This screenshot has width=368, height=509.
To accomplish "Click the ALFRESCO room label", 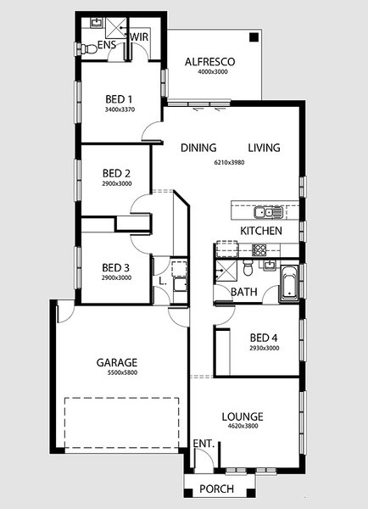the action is [209, 62].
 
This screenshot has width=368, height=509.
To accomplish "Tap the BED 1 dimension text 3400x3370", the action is [120, 109].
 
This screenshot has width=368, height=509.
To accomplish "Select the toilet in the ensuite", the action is [88, 49].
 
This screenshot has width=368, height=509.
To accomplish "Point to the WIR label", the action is [139, 37].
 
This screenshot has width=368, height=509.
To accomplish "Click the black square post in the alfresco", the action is [254, 37].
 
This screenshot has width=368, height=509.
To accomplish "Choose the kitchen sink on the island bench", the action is [269, 213].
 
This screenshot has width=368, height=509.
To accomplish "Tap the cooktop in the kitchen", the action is [259, 250].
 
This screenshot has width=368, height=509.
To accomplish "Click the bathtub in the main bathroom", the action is [289, 284].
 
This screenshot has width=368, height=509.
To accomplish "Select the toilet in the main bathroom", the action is [248, 268].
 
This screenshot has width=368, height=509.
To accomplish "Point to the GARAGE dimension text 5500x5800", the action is [122, 372].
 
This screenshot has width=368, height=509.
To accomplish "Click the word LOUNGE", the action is [243, 417].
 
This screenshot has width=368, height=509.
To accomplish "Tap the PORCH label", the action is [216, 489].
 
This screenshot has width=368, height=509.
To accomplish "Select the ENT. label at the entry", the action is [204, 444].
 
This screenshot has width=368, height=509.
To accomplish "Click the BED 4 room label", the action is [264, 338].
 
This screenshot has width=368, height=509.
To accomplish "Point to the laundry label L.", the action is [163, 281].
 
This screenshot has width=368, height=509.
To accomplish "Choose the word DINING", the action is [198, 148].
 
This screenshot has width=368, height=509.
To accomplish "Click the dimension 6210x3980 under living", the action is [230, 162].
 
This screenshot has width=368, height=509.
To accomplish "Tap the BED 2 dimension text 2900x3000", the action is [117, 184].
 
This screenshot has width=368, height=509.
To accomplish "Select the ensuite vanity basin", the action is [97, 23].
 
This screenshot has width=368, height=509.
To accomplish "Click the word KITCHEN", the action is [261, 231].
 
